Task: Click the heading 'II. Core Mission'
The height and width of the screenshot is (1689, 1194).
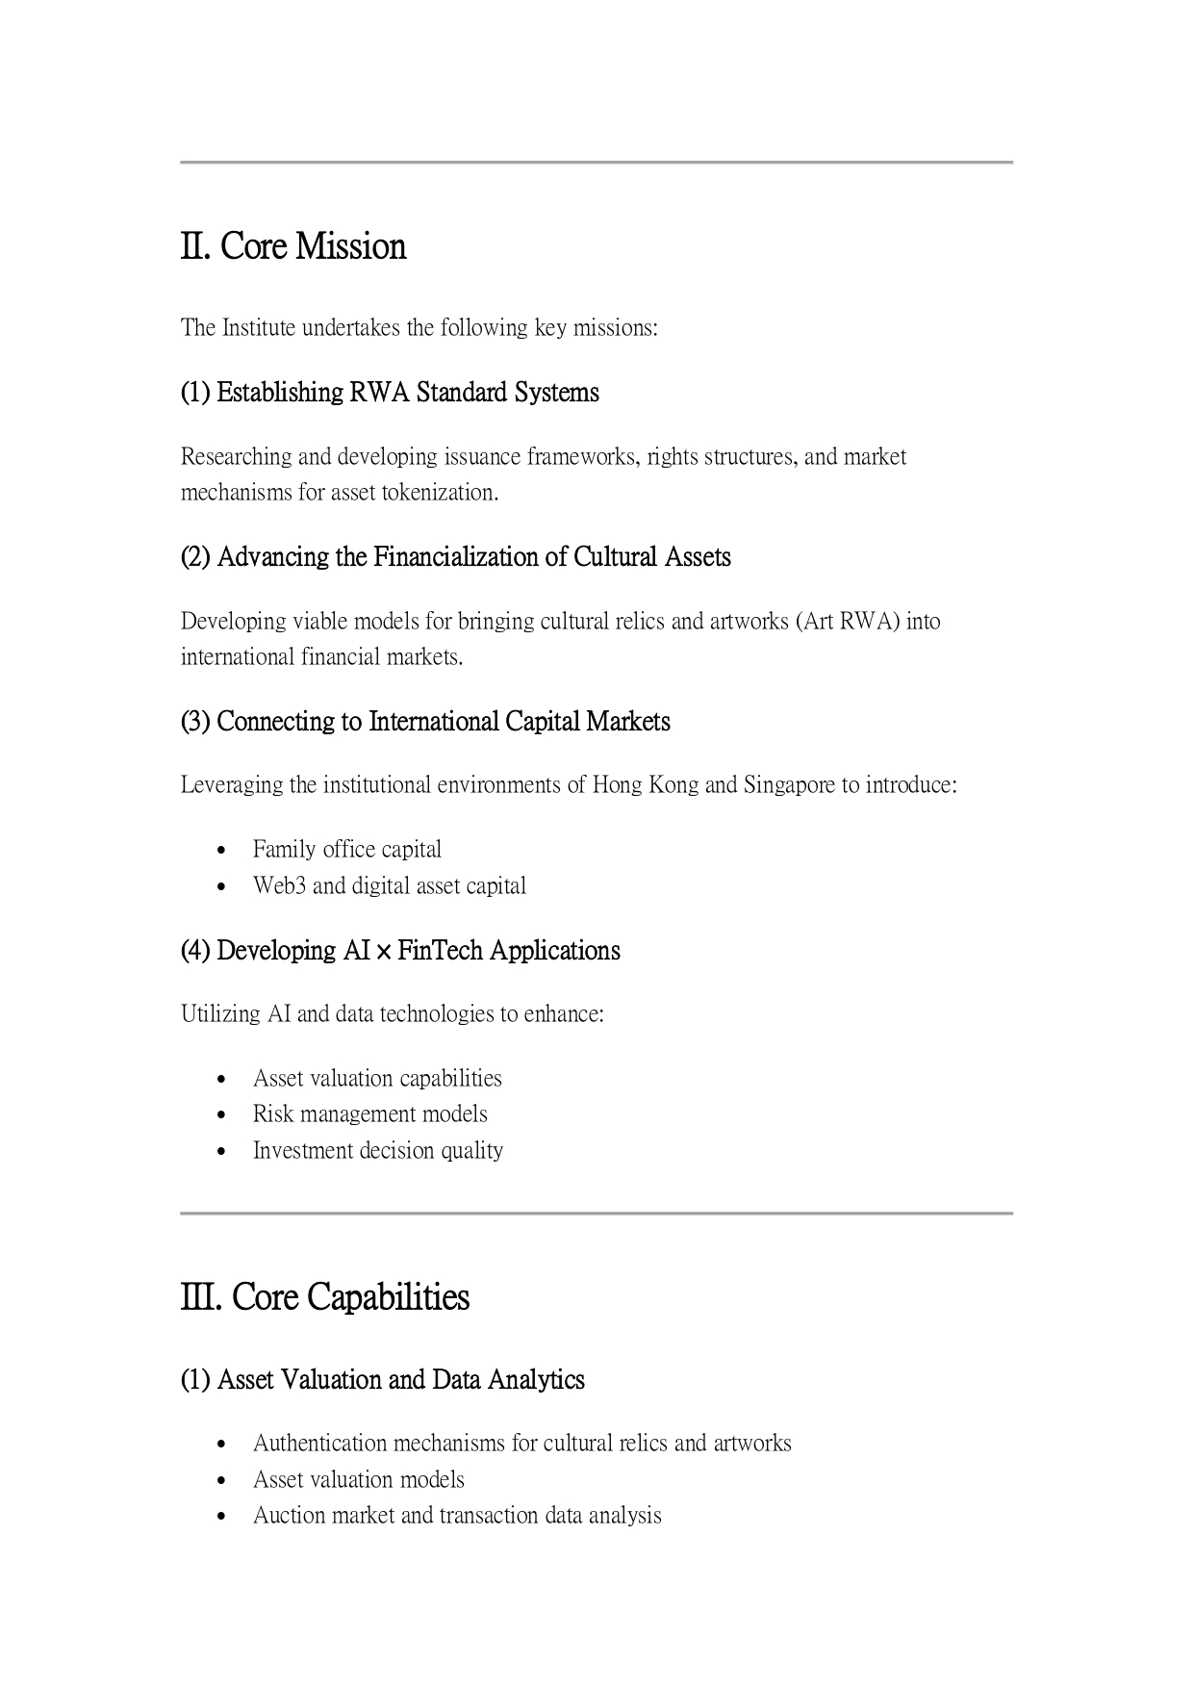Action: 293,246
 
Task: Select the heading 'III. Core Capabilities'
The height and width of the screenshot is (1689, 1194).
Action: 325,1297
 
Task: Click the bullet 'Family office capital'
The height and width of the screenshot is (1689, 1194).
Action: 347,850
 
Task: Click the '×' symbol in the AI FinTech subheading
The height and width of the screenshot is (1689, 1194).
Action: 383,952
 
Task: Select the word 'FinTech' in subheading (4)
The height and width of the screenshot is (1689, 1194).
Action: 440,951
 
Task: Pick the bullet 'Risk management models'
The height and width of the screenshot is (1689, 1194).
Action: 370,1114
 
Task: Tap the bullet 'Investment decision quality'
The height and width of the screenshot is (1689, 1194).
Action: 378,1151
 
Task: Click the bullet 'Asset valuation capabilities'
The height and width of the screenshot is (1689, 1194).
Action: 377,1079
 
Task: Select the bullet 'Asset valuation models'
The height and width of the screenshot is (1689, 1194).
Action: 359,1480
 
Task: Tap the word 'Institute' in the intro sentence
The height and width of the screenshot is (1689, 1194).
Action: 259,328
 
